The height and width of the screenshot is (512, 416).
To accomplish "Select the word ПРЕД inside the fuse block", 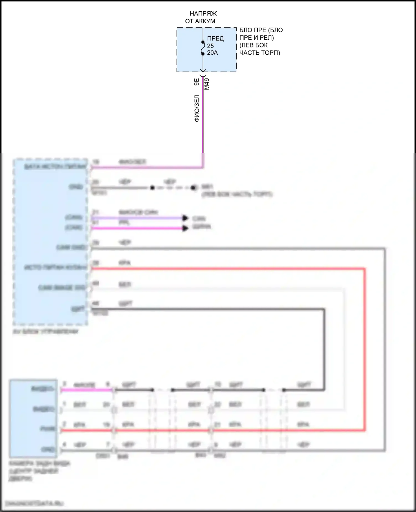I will tap(215, 38).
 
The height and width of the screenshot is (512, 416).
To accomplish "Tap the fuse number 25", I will tap(210, 46).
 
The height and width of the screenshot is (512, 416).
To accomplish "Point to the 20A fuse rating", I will tap(212, 53).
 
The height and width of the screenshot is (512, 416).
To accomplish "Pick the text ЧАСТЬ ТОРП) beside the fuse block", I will tap(260, 53).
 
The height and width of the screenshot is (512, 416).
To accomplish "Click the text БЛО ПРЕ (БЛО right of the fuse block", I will tap(261, 30).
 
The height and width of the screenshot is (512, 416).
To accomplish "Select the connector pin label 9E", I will tap(197, 82).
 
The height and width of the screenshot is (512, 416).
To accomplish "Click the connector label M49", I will tap(207, 84).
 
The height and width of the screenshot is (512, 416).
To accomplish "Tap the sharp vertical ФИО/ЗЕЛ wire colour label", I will tap(197, 109).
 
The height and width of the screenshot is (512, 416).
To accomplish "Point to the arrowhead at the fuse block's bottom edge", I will tap(203, 70).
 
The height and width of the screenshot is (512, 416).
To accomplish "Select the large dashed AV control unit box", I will tap(50, 241).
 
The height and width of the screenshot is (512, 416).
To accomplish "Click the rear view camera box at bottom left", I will tap(33, 419).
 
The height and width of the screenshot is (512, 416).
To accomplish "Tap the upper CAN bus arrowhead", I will tap(185, 218).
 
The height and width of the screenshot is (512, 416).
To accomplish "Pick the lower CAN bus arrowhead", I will tap(185, 229).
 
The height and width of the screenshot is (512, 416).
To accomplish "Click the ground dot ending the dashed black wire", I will tap(193, 188).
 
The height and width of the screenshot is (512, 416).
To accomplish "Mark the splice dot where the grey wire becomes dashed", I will tap(152, 188).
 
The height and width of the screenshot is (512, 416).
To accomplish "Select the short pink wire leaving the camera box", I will tap(86, 390).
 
